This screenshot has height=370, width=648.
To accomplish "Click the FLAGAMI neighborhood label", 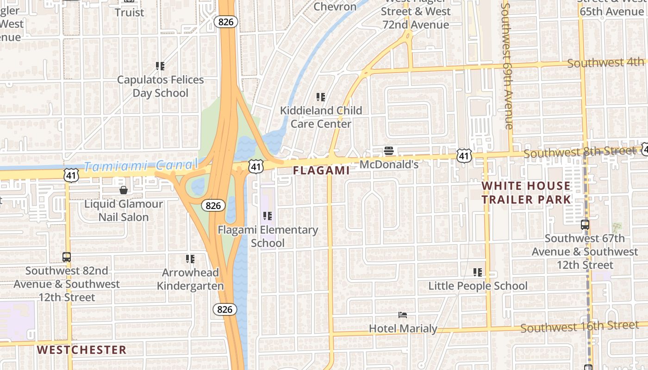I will [x=322, y=170].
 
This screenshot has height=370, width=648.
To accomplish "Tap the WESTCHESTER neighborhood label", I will [x=81, y=350].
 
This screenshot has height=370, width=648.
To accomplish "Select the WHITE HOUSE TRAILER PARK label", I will [x=526, y=193].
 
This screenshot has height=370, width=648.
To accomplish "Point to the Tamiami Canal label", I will [x=142, y=165].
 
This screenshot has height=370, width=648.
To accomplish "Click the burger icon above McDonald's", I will [x=389, y=151].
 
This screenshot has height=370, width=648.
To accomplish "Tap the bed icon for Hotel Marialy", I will [x=403, y=315].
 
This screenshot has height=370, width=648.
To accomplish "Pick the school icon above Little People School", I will [x=478, y=272].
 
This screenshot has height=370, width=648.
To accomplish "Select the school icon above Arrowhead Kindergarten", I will [x=190, y=259].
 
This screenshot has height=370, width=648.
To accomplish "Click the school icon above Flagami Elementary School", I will [x=268, y=216].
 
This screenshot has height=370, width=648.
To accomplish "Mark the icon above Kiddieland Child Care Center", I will [x=321, y=97].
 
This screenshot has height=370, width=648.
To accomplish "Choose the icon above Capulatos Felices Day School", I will [x=161, y=66].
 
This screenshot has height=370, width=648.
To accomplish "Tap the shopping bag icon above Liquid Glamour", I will [x=124, y=190].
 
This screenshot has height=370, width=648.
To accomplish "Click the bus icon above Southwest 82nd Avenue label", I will [x=67, y=257].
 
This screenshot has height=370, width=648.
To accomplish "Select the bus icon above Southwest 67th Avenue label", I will [x=585, y=225].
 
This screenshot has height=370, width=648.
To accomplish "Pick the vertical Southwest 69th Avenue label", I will [x=508, y=66].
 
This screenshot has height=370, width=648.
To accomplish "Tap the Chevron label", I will [x=335, y=6].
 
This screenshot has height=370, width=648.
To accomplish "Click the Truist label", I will [x=130, y=12].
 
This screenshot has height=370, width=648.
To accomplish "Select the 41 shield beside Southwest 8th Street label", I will [x=464, y=156].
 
